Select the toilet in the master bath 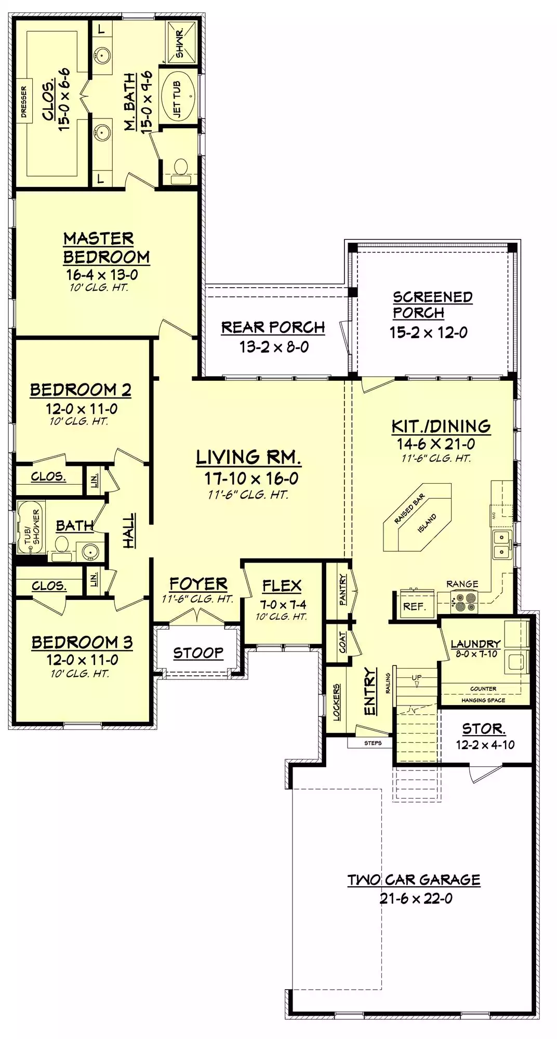tap(181, 171)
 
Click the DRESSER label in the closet tap(23, 102)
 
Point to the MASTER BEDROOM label tap(107, 248)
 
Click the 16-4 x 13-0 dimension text tap(101, 275)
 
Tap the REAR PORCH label tap(273, 327)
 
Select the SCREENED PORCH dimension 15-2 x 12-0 tap(429, 332)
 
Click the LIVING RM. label tap(249, 457)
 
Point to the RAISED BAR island tap(417, 517)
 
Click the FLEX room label tap(282, 586)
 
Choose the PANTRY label tap(343, 589)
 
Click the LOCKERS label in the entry tap(337, 702)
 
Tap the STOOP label tap(198, 652)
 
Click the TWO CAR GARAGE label tap(414, 880)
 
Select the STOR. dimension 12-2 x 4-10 tap(485, 745)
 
